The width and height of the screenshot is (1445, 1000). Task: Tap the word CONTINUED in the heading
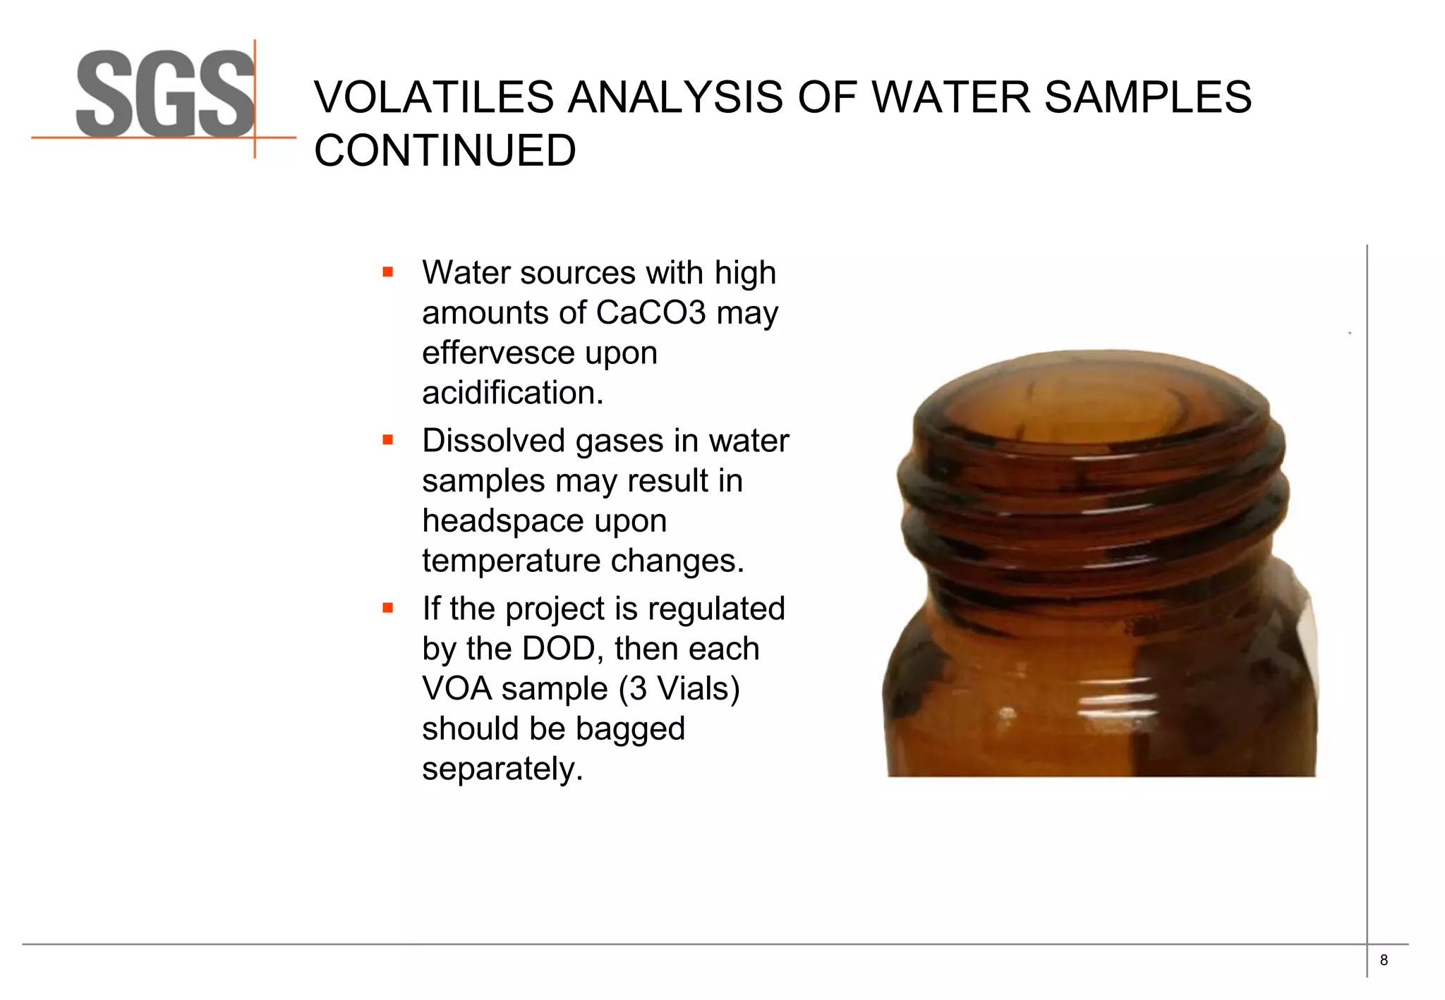pyautogui.click(x=445, y=151)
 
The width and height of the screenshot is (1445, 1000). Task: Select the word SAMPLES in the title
pyautogui.click(x=1147, y=97)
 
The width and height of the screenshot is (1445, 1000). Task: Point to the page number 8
pyautogui.click(x=1384, y=960)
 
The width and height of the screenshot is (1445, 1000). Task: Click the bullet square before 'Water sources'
pyautogui.click(x=387, y=272)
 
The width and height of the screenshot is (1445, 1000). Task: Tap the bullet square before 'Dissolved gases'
pyautogui.click(x=387, y=440)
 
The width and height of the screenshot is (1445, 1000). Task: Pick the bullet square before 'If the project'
pyautogui.click(x=387, y=607)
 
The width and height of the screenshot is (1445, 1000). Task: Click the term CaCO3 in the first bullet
pyautogui.click(x=651, y=312)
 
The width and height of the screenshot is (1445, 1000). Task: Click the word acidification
pyautogui.click(x=512, y=393)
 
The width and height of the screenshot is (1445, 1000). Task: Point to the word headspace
pyautogui.click(x=544, y=521)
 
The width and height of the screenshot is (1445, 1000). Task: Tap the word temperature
pyautogui.click(x=511, y=561)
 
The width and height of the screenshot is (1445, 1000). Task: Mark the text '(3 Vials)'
pyautogui.click(x=679, y=689)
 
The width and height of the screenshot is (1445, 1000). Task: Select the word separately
pyautogui.click(x=502, y=769)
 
